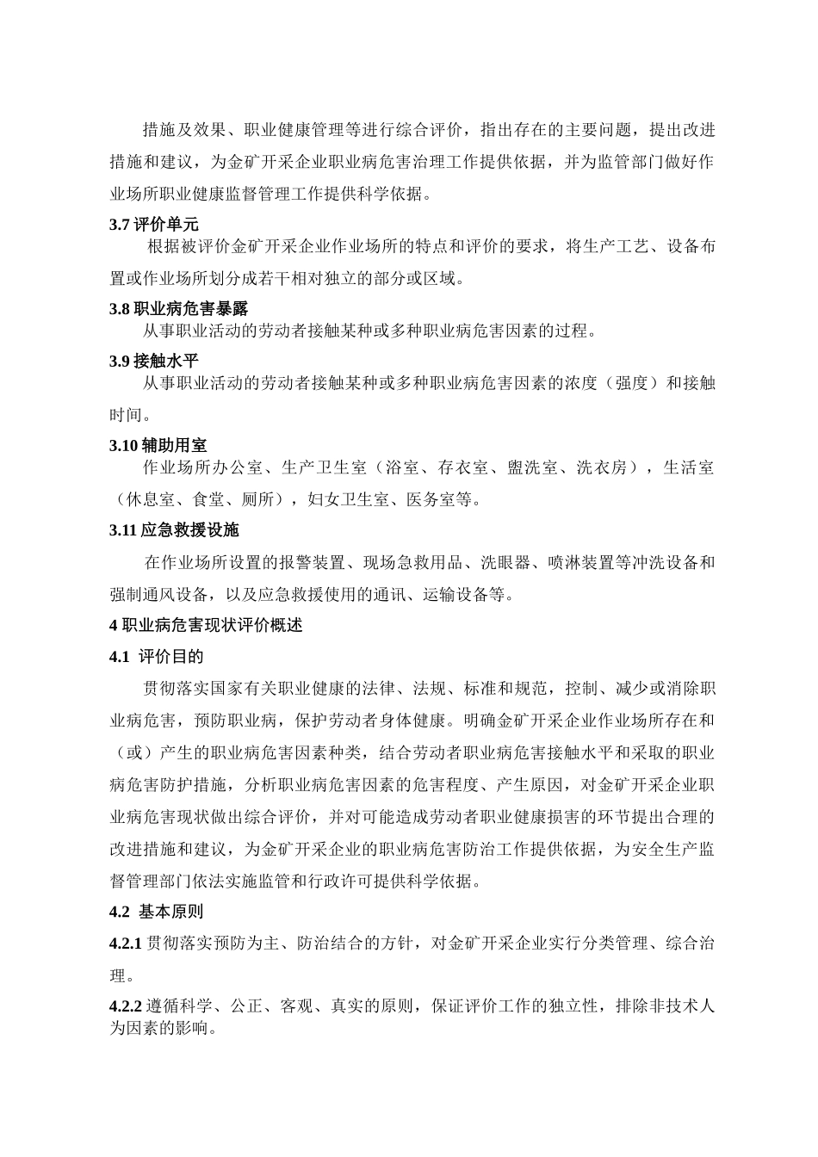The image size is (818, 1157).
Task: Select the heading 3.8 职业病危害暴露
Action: (178, 308)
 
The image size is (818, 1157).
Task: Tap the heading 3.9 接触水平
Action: (153, 361)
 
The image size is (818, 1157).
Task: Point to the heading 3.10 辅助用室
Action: (158, 445)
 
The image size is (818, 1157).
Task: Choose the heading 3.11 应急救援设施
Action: (174, 529)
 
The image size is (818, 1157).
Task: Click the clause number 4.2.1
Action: (126, 944)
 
